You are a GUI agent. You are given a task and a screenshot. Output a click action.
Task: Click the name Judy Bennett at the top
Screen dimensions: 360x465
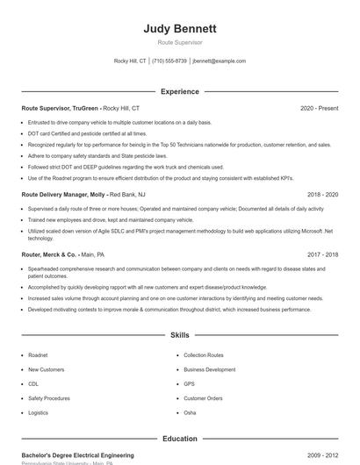(180, 28)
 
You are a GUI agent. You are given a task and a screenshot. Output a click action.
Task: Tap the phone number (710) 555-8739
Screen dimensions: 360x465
(169, 61)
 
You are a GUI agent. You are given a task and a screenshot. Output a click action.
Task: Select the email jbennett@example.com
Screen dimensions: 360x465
(220, 61)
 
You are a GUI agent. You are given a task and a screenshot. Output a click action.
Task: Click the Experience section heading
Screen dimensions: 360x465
(180, 91)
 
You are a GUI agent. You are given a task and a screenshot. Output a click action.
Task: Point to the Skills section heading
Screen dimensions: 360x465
(180, 335)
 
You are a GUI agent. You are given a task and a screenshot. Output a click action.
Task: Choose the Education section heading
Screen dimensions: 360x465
(180, 439)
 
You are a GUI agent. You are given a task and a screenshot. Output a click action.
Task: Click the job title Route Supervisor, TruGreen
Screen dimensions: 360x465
(61, 108)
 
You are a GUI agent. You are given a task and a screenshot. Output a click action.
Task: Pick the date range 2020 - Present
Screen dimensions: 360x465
(319, 108)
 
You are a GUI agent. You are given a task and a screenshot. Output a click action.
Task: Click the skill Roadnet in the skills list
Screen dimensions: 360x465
(38, 355)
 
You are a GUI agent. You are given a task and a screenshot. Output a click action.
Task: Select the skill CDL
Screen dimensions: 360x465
(33, 383)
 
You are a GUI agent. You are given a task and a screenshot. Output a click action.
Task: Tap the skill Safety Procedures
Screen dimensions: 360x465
(47, 397)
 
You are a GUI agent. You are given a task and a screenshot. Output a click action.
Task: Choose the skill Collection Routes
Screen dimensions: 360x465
(203, 355)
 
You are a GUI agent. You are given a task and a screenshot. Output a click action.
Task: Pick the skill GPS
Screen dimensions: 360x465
(189, 383)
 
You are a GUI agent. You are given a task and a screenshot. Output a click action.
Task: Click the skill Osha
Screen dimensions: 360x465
(190, 411)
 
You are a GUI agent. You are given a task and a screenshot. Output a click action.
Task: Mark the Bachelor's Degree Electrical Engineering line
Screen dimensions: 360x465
(77, 455)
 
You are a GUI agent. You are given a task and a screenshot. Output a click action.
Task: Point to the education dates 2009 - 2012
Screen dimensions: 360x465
(323, 455)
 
